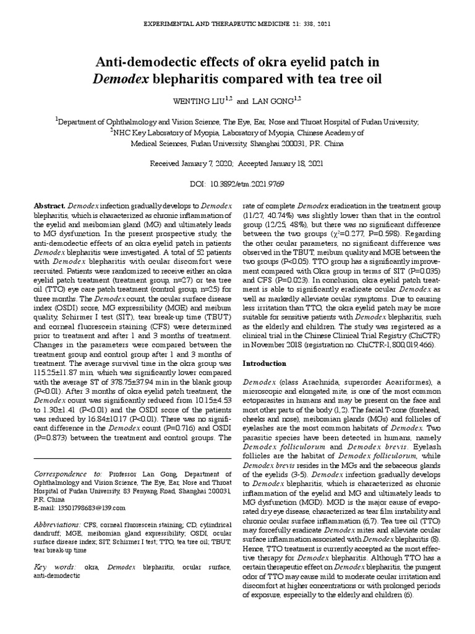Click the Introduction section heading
[x=265, y=363]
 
